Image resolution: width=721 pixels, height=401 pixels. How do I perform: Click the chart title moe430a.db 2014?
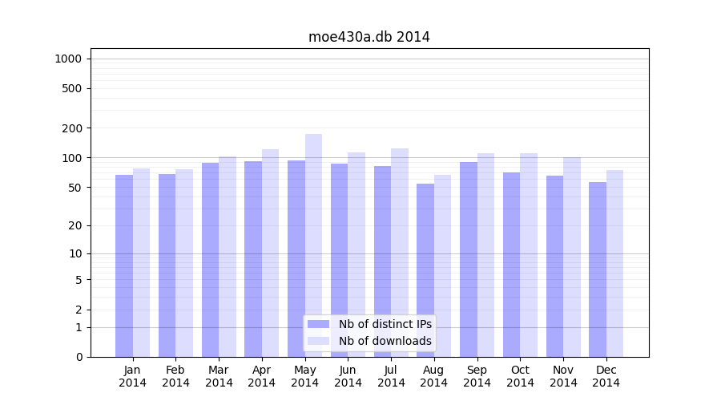pyautogui.click(x=369, y=37)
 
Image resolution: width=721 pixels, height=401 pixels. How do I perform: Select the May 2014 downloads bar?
pyautogui.click(x=313, y=245)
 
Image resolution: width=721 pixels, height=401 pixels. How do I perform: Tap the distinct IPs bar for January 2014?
pyautogui.click(x=124, y=265)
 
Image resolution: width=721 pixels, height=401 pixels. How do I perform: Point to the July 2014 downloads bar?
pyautogui.click(x=400, y=253)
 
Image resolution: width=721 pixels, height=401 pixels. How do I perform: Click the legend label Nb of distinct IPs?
pyautogui.click(x=385, y=324)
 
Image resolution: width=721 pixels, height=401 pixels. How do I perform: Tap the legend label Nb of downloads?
pyautogui.click(x=385, y=341)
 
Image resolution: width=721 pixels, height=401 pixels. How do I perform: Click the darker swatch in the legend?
pyautogui.click(x=318, y=324)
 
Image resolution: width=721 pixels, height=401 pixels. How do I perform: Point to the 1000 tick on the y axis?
pyautogui.click(x=68, y=59)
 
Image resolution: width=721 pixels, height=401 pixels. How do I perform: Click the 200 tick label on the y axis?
pyautogui.click(x=73, y=128)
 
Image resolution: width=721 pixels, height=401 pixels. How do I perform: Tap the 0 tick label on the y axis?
pyautogui.click(x=79, y=357)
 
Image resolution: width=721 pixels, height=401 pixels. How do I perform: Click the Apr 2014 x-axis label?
pyautogui.click(x=262, y=376)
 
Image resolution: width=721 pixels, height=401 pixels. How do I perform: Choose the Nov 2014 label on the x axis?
pyautogui.click(x=563, y=376)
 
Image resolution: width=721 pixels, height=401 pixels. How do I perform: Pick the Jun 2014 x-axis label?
pyautogui.click(x=348, y=376)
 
